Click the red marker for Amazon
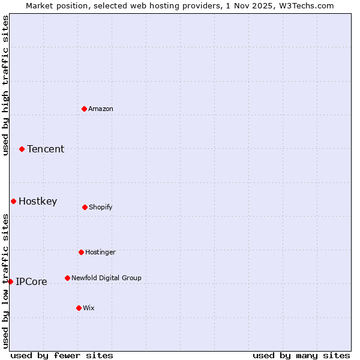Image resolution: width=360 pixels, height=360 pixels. click(x=84, y=109)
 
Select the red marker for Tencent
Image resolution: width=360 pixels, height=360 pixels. click(x=22, y=149)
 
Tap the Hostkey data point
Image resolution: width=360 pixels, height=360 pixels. click(x=13, y=201)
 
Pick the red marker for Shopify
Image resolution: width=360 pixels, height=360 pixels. click(x=85, y=207)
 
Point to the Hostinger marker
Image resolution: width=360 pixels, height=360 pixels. click(x=81, y=252)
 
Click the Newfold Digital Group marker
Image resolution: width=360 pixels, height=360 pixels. click(x=67, y=278)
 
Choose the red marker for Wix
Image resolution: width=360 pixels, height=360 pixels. click(x=79, y=308)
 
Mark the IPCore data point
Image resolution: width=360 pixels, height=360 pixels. click(x=10, y=281)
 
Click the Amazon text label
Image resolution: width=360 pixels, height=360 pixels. click(x=101, y=109)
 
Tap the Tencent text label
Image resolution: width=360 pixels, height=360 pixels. click(x=46, y=149)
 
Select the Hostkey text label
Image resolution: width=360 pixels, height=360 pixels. click(x=38, y=201)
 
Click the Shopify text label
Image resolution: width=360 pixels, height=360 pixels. click(x=101, y=207)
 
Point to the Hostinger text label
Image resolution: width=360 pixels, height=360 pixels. click(x=100, y=252)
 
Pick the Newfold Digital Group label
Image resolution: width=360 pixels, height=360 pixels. click(x=106, y=278)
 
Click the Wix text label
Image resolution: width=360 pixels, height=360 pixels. click(x=89, y=308)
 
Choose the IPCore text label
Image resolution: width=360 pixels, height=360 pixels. click(x=31, y=281)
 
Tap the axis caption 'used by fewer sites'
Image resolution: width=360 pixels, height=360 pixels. click(x=61, y=355)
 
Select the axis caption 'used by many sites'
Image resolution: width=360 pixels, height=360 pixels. click(x=301, y=355)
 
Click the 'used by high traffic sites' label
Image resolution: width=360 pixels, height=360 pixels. click(x=5, y=85)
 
